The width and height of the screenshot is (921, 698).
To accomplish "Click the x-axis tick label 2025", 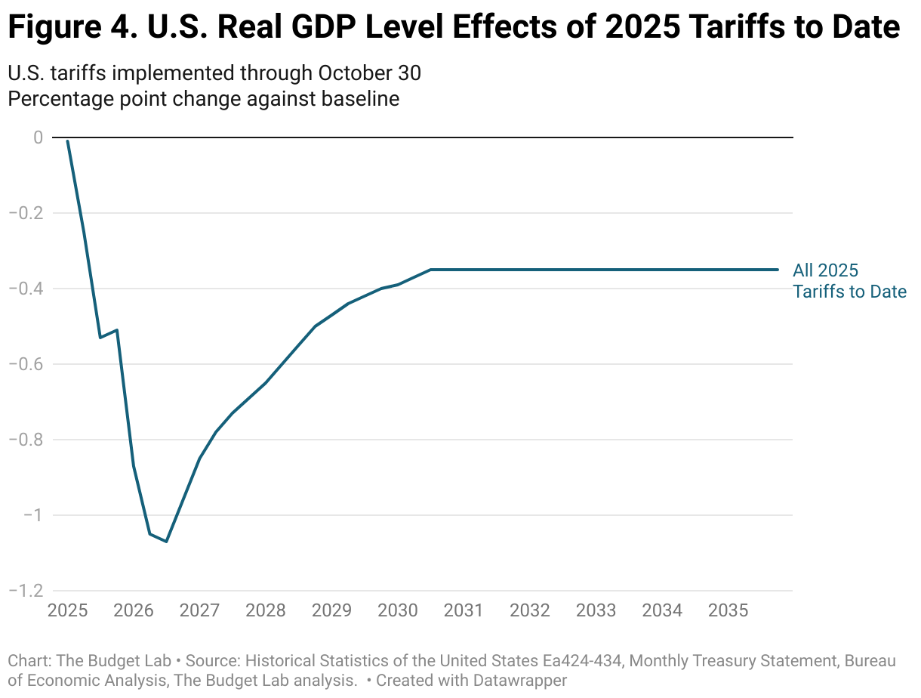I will [67, 610].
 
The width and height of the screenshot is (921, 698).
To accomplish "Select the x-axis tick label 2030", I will [397, 610].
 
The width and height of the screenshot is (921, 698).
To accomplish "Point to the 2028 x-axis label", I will [265, 610].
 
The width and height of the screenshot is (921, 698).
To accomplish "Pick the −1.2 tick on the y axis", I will [26, 591].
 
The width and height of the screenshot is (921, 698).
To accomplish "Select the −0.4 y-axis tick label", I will [26, 289].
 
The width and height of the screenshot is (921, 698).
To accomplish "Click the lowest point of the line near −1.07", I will [166, 542].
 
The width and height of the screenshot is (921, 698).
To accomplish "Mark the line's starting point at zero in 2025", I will [68, 141].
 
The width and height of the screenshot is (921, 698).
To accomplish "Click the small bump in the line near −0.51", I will [117, 330].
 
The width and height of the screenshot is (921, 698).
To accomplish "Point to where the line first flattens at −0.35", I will [430, 270].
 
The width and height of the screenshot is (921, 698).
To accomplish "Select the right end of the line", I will [778, 270].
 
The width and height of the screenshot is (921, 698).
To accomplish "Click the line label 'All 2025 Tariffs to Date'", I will [849, 281].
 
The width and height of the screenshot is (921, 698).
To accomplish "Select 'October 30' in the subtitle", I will [369, 73].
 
